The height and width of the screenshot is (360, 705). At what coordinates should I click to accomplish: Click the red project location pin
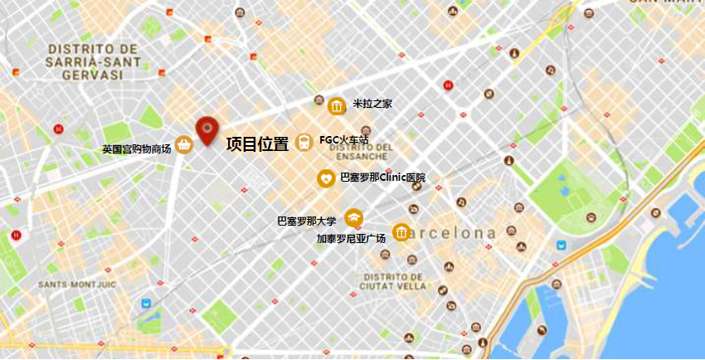click(207, 130)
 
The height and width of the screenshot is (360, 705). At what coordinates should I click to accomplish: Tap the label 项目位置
click(257, 144)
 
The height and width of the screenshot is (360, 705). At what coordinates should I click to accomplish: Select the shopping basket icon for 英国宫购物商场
click(184, 145)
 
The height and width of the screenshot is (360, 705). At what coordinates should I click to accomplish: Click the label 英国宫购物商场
click(136, 150)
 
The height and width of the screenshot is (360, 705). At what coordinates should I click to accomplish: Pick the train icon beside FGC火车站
click(304, 143)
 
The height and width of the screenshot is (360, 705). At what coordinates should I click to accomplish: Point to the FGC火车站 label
click(343, 140)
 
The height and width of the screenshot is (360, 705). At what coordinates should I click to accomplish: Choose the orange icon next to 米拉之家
click(337, 106)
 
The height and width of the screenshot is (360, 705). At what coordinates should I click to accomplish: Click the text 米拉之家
click(372, 105)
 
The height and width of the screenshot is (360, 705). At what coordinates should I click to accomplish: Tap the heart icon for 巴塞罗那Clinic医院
click(327, 178)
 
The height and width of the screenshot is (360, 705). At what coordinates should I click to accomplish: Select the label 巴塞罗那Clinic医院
click(382, 178)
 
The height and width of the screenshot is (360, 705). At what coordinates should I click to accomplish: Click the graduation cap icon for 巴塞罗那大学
click(354, 217)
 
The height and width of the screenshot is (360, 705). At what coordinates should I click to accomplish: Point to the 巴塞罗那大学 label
click(307, 221)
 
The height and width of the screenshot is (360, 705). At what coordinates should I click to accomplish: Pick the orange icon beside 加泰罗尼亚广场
click(401, 231)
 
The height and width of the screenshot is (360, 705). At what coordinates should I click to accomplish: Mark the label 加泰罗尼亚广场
click(351, 239)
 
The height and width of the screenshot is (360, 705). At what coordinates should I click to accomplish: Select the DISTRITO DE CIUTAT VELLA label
click(393, 281)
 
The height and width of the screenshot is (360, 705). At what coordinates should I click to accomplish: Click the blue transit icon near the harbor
click(562, 245)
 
